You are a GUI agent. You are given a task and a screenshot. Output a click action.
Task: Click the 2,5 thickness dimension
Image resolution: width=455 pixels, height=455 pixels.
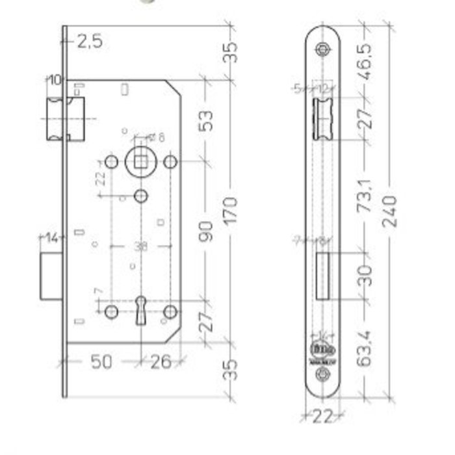(90, 42)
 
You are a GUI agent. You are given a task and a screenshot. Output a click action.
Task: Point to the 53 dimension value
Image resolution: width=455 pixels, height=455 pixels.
(207, 121)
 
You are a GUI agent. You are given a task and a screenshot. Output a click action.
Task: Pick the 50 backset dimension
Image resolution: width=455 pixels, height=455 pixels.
(100, 362)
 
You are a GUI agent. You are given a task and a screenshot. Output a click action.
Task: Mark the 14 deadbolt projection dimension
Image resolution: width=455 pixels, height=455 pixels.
(51, 238)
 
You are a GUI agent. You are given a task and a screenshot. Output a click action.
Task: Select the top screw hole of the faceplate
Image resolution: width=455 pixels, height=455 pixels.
(323, 49)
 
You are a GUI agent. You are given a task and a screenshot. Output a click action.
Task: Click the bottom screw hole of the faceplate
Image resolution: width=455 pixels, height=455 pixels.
(323, 375)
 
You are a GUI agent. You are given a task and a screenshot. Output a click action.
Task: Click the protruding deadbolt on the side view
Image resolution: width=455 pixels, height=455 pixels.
(51, 276)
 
